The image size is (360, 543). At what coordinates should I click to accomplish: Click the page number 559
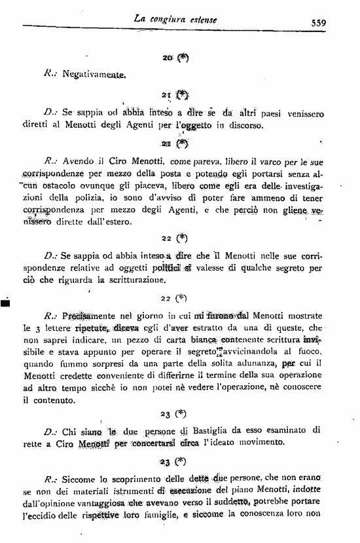tap(319, 22)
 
